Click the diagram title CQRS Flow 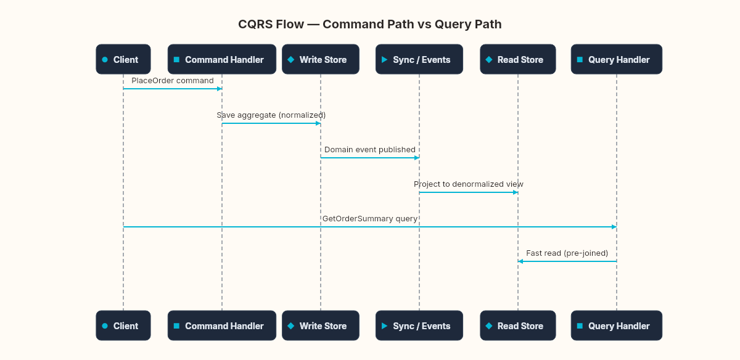coord(369,25)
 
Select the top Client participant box coord(123,59)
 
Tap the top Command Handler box coord(222,59)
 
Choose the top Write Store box coord(321,59)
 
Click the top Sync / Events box coord(419,59)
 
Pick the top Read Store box coord(518,59)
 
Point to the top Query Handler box coord(617,59)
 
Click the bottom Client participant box coord(123,325)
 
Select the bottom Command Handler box coord(222,325)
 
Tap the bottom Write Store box coord(321,325)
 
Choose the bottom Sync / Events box coord(419,325)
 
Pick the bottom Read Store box coord(518,325)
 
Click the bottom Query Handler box coord(617,325)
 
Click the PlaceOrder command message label coord(173,81)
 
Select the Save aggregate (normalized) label coord(271,115)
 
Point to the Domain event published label coord(370,150)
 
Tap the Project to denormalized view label coord(469,184)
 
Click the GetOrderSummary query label coord(370,219)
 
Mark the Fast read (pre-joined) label coord(567,253)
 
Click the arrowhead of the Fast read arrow coord(520,261)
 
